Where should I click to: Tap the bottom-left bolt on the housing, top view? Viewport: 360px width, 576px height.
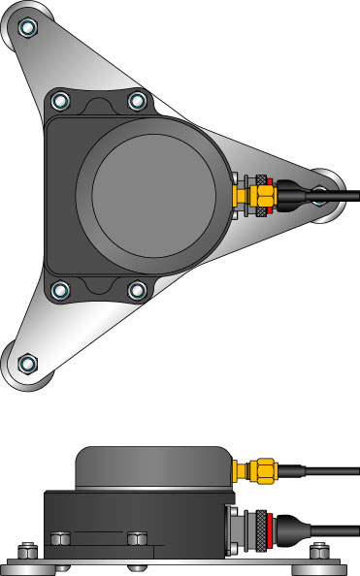(59, 289)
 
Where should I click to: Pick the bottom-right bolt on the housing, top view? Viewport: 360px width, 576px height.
(137, 289)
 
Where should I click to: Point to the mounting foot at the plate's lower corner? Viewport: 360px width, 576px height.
(29, 364)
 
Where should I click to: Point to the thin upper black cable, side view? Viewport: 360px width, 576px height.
(320, 472)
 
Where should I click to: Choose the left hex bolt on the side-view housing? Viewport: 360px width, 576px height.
(60, 536)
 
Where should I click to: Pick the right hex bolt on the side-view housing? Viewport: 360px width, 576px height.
(137, 536)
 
